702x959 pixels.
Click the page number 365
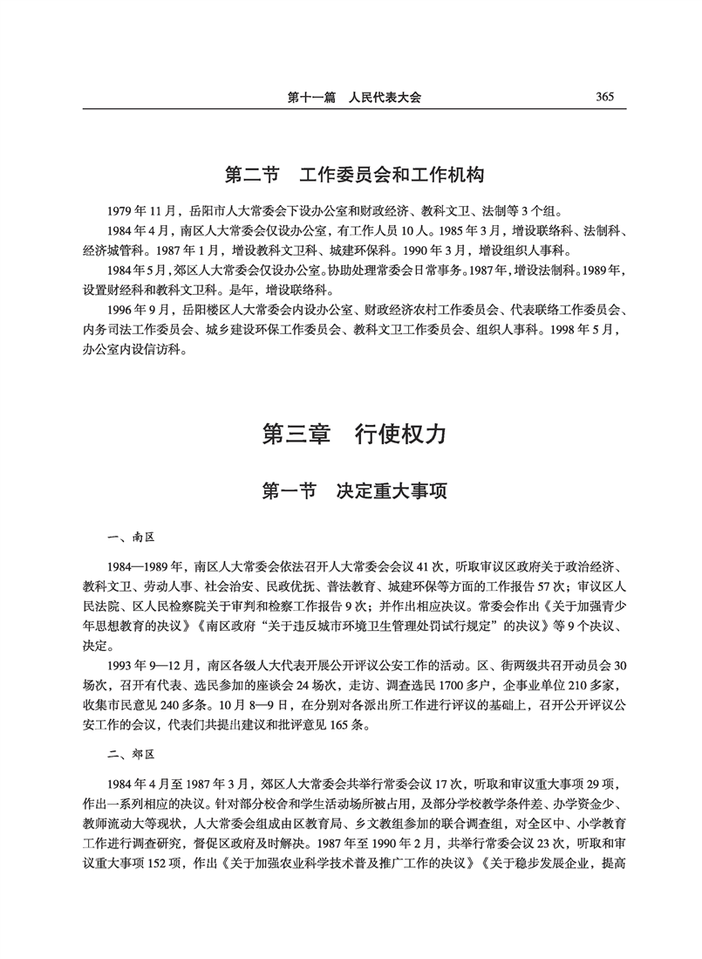pyautogui.click(x=602, y=97)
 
